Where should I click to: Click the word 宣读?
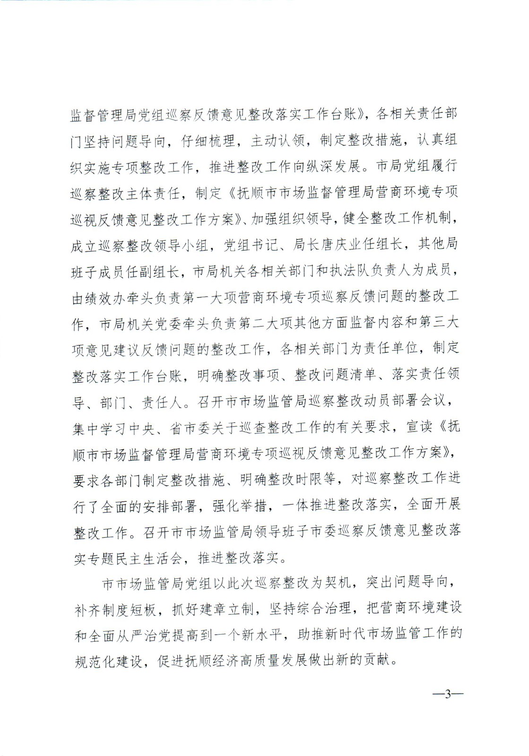tap(419, 427)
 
